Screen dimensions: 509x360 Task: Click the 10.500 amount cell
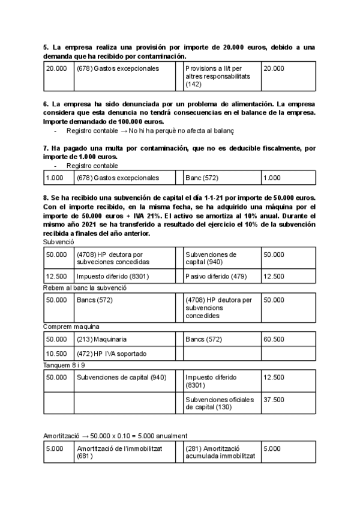56,354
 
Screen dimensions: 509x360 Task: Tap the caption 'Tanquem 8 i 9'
64,365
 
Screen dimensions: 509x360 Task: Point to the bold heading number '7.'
46,148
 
